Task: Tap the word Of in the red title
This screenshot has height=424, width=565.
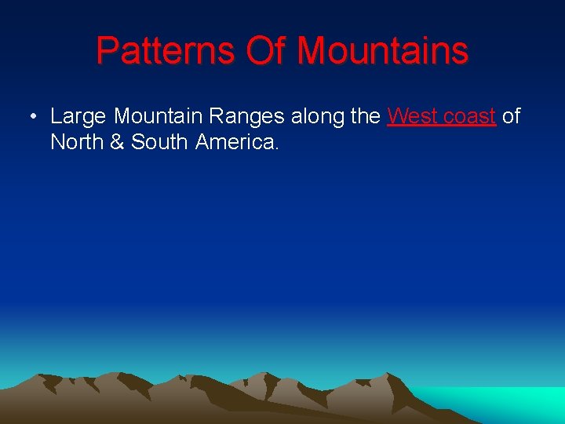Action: coord(267,51)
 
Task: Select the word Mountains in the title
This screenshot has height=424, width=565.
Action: coord(382,51)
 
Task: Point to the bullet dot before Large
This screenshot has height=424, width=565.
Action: coord(32,118)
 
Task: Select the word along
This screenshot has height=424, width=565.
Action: coord(318,117)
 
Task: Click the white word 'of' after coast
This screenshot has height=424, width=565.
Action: coord(511,117)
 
